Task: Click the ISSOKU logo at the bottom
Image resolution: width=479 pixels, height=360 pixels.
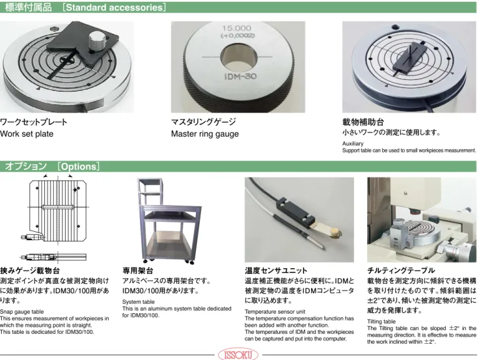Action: pos(238,355)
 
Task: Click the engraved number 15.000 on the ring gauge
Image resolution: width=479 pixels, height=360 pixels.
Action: pos(237,28)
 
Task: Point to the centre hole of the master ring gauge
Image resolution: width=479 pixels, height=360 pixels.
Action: pos(237,57)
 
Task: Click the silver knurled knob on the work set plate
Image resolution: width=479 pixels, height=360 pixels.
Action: pos(97,41)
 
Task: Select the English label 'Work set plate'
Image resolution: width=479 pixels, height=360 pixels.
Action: pos(27,134)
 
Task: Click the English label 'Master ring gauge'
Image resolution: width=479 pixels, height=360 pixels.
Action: pos(205,134)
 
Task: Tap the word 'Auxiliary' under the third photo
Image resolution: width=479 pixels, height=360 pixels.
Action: pos(353,144)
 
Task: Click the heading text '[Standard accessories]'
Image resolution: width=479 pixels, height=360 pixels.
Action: pos(114,7)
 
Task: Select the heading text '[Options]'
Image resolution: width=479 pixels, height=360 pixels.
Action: pos(79,166)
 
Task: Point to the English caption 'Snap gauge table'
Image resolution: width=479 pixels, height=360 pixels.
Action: pos(22,312)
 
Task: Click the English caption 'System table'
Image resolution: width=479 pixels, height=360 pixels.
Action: pos(139,302)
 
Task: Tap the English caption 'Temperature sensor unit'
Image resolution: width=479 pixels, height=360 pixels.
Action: pos(275,312)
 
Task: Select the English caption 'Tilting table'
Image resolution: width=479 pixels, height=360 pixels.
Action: pos(381,321)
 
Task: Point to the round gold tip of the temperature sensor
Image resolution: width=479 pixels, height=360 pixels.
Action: pos(335,232)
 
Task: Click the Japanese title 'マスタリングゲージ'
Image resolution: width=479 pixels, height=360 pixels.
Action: pos(204,122)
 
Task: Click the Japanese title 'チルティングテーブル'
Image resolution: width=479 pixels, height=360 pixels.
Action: pos(401,271)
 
